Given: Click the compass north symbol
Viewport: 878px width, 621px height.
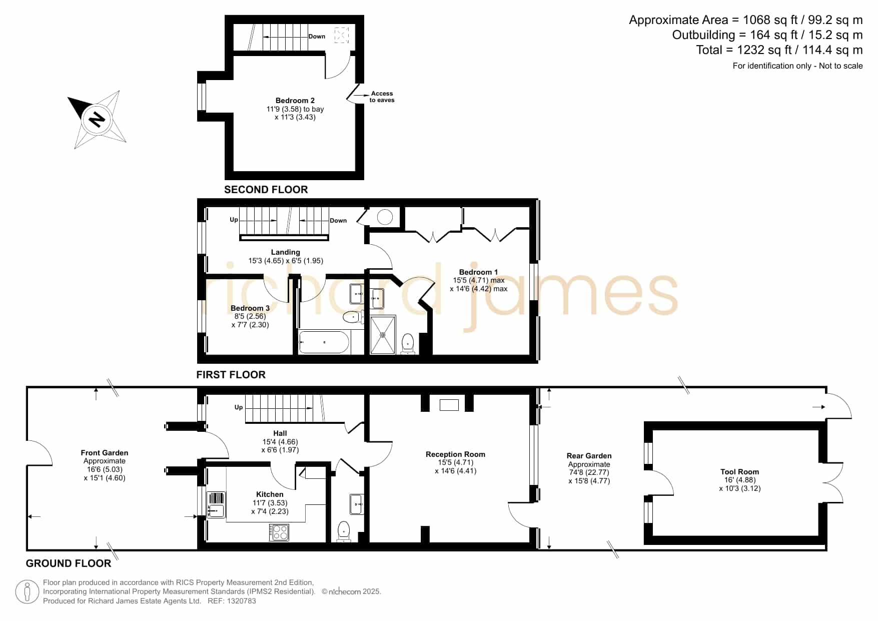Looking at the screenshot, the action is (97, 119).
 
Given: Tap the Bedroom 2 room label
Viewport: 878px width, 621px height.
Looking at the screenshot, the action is (295, 101).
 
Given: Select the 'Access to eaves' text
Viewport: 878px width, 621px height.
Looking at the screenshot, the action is (382, 97).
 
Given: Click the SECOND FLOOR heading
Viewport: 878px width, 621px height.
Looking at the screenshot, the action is (266, 190).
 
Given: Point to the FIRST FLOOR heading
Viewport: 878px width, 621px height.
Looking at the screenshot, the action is (231, 375).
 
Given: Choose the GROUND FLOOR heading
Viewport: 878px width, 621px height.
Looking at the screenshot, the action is (69, 563).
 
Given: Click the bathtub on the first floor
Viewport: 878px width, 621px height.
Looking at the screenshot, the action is (324, 342).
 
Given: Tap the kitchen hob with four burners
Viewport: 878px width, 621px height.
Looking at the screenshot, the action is (279, 532).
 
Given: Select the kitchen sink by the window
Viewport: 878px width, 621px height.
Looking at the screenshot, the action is (216, 504).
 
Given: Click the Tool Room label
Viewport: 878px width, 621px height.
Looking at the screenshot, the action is (739, 472).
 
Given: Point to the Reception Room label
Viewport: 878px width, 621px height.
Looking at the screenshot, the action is (455, 454).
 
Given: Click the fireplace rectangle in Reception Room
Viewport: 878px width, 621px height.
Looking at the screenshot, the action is (449, 405).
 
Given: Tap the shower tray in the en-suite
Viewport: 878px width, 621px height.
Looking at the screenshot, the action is (383, 335).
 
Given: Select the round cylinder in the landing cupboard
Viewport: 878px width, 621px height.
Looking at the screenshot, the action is (385, 217).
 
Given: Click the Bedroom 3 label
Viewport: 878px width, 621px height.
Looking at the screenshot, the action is (250, 308).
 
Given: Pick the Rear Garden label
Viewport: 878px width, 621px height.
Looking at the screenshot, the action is (589, 456).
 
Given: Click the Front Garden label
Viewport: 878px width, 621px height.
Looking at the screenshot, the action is (105, 453).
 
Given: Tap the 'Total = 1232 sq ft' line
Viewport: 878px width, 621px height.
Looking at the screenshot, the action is (779, 50).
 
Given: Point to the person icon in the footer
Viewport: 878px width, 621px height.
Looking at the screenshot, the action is (27, 592).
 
